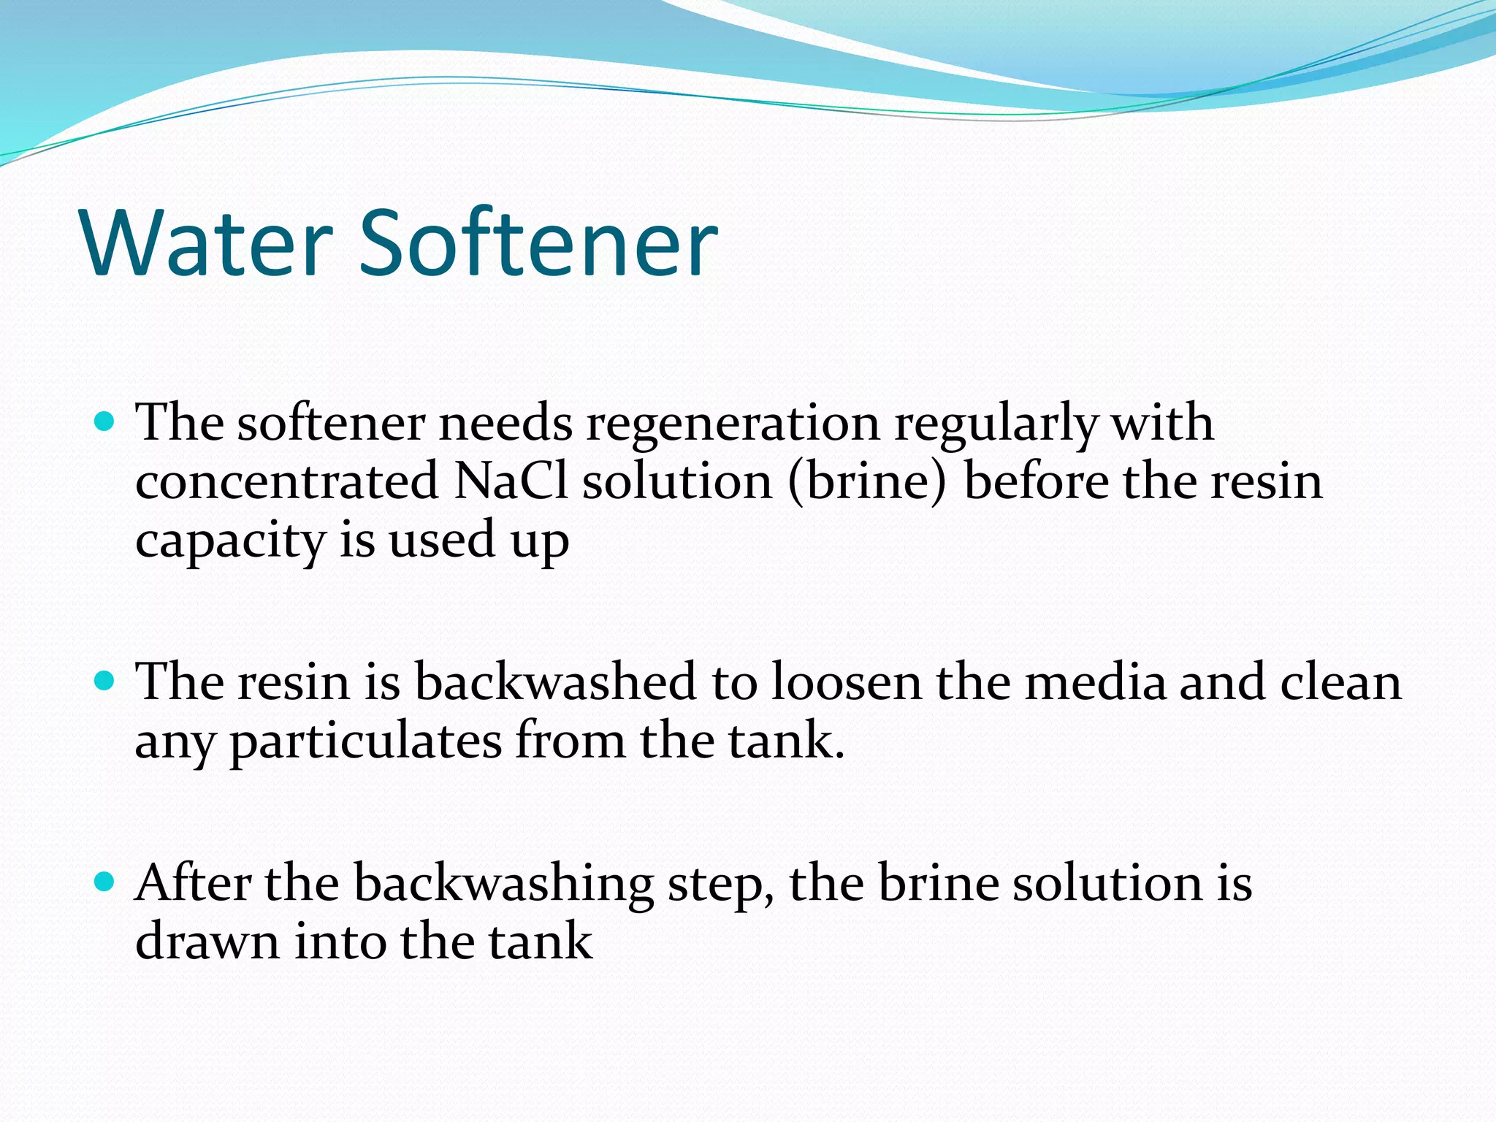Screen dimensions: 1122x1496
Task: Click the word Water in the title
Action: [x=207, y=243]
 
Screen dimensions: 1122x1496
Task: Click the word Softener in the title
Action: [x=539, y=243]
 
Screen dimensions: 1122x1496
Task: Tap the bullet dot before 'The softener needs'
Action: [x=106, y=421]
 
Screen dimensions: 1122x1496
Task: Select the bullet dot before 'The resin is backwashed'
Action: [x=106, y=681]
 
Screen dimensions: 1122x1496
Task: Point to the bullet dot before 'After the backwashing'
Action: [x=106, y=882]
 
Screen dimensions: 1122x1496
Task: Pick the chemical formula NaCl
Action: [x=510, y=482]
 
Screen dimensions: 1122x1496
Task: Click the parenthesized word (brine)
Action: [x=867, y=482]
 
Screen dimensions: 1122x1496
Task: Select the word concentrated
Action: [x=286, y=482]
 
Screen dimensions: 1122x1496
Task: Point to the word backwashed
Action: [x=555, y=682]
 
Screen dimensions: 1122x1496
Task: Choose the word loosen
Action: [x=847, y=682]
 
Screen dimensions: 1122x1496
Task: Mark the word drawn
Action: [x=207, y=942]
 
